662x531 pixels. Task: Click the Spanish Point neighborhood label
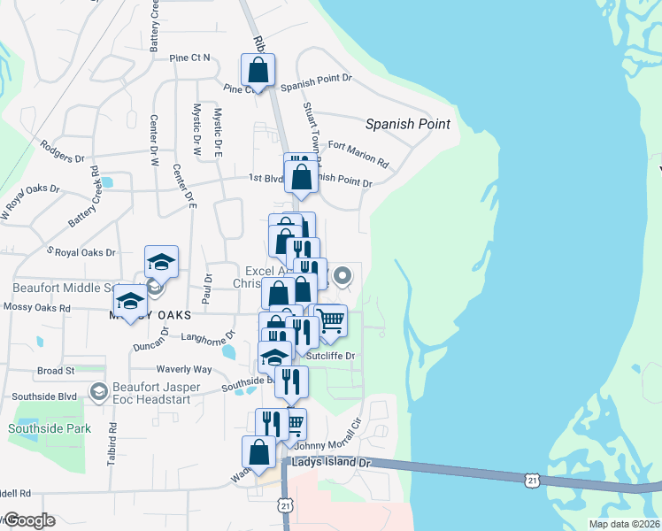point(408,125)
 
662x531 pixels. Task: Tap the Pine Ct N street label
point(189,58)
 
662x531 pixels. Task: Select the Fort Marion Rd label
point(358,154)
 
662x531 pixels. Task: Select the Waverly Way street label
point(184,369)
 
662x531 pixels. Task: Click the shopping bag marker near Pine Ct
point(258,70)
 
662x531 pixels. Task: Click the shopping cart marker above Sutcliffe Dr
point(330,321)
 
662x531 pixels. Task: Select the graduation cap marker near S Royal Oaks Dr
point(161,261)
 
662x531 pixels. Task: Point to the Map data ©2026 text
point(623,524)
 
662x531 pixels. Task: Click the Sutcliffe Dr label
point(330,356)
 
